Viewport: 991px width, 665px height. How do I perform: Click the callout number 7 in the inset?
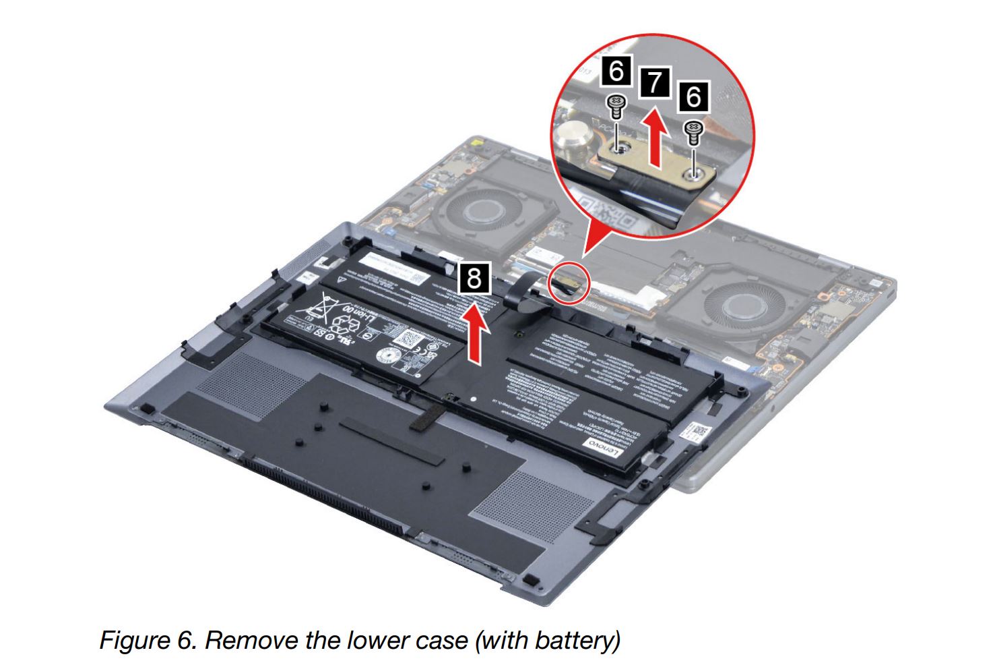[x=653, y=82]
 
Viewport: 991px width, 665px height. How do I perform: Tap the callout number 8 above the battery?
[x=474, y=278]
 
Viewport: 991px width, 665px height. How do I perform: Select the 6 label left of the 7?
[x=616, y=70]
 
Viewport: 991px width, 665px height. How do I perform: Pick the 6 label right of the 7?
[x=693, y=96]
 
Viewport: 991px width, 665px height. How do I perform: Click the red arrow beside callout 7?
[x=653, y=138]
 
